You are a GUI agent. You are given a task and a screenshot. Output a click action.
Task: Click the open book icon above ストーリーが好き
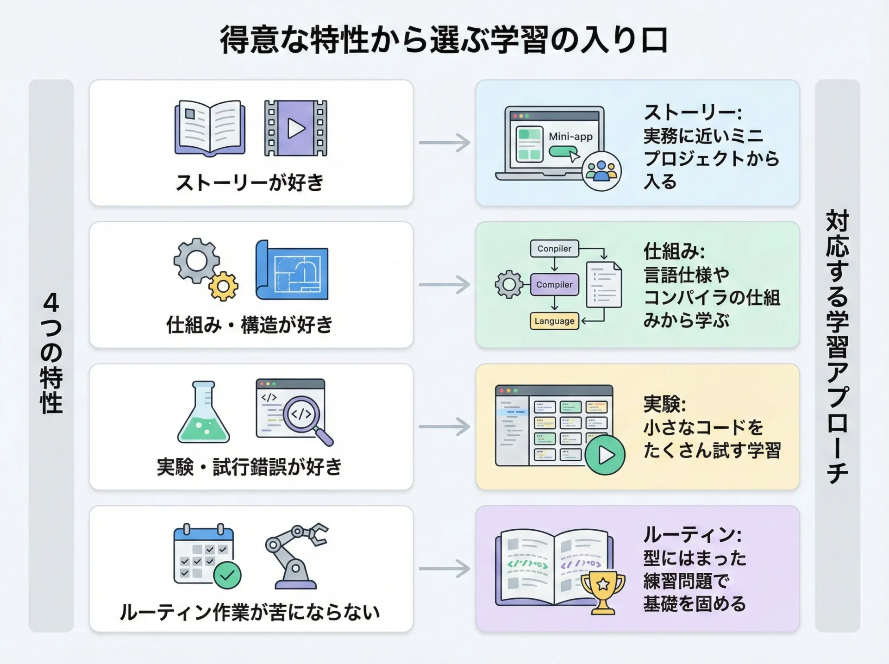pos(210,128)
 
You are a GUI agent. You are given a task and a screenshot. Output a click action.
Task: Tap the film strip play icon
pos(295,128)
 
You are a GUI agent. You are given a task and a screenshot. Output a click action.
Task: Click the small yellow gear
pos(223,286)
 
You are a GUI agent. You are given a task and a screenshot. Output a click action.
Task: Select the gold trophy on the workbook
pos(603,591)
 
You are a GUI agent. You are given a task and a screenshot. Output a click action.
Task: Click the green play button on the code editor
pos(605,455)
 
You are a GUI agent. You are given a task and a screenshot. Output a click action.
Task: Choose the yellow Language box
pos(554,321)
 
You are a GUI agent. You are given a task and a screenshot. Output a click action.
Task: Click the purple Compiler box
pos(554,285)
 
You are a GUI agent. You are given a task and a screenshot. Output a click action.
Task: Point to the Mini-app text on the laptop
pos(570,137)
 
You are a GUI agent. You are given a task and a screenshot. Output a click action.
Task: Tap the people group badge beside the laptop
pos(601,171)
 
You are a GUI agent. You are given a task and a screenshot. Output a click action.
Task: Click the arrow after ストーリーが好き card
pos(444,143)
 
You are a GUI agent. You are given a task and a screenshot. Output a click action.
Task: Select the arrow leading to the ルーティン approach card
pos(444,569)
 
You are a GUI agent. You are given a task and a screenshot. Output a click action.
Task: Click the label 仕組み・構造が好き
pos(250,325)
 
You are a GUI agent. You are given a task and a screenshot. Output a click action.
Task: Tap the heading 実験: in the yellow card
pos(664,404)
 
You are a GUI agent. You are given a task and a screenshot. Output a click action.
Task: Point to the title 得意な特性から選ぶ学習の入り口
pos(444,41)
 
